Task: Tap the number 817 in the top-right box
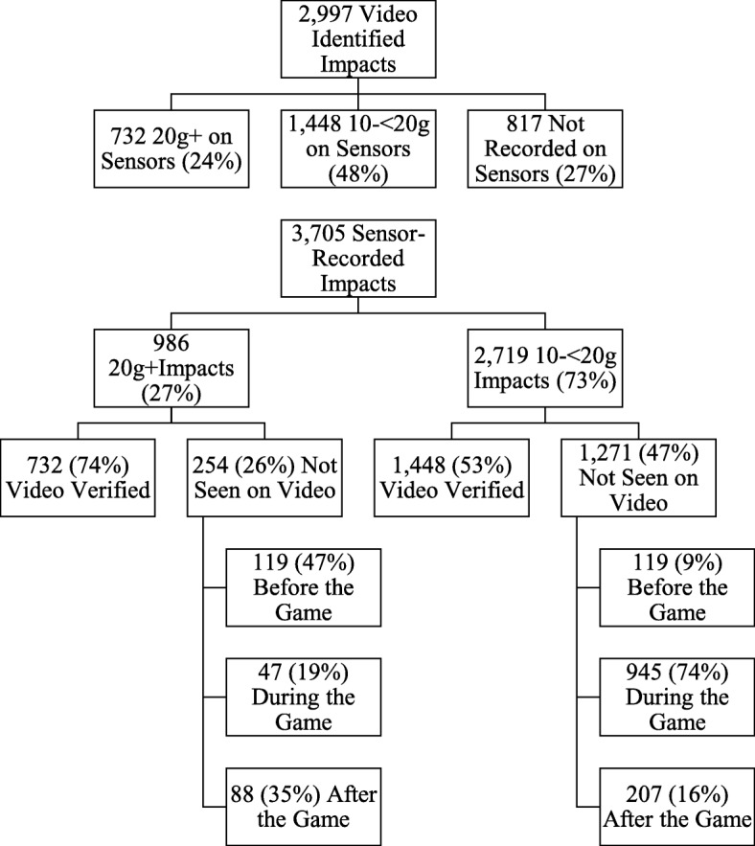(515, 125)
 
